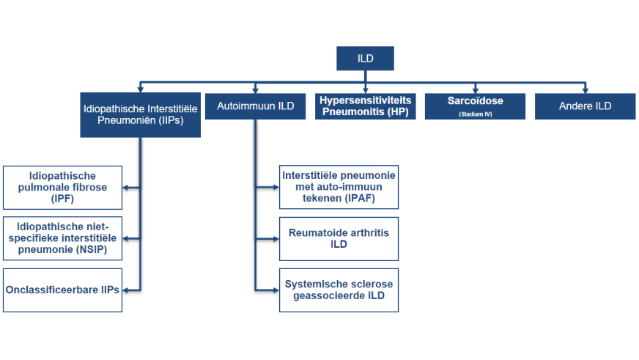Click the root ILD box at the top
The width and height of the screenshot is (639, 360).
[365, 59]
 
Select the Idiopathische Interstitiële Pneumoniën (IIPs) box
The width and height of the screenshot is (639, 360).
[141, 114]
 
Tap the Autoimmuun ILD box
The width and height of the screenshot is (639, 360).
[255, 106]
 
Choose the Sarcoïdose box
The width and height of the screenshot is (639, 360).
[475, 106]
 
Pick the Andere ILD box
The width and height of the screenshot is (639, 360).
[585, 106]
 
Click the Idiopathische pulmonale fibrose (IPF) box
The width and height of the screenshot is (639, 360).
[62, 187]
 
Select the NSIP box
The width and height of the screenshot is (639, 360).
[62, 238]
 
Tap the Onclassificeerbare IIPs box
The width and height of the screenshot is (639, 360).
[62, 290]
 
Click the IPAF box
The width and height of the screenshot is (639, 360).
[339, 187]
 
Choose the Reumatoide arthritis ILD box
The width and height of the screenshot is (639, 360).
[339, 238]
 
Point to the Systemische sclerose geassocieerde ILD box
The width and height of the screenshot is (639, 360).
[339, 290]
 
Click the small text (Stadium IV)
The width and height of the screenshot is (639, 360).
[475, 114]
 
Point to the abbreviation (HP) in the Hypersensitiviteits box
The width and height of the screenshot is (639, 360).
[397, 113]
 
